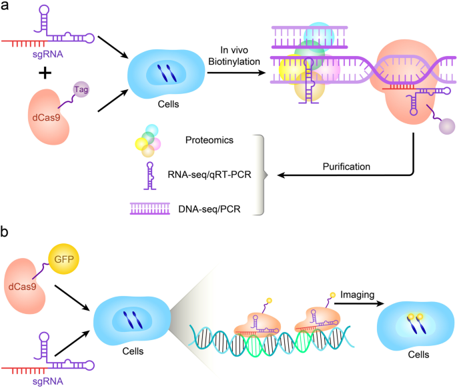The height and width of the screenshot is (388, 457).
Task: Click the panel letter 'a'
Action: pos(6,9)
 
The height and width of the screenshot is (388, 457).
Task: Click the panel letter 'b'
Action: pos(6,233)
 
